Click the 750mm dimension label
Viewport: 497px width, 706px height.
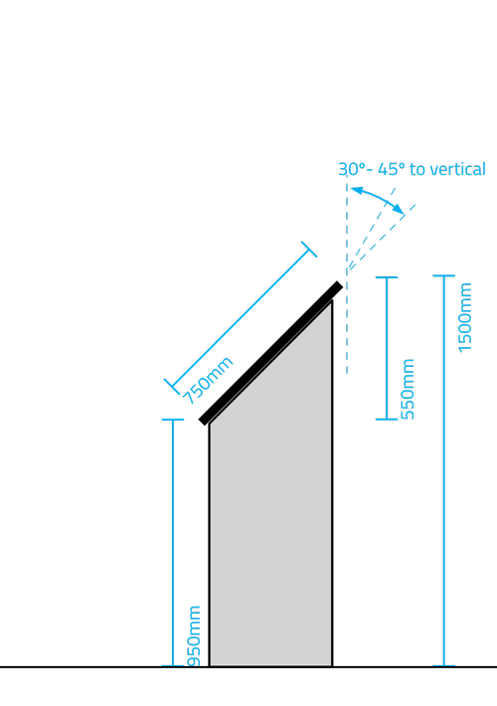(208, 381)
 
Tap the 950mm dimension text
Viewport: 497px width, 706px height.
(194, 635)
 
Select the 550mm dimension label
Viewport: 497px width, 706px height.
(408, 389)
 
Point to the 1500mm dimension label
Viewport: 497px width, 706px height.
(464, 317)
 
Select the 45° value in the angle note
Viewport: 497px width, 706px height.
(392, 169)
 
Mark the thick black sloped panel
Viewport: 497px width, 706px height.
(271, 353)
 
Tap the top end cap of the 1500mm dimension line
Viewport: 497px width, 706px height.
(444, 275)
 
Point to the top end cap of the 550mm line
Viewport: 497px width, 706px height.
(387, 277)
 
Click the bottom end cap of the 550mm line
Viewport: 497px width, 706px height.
(387, 420)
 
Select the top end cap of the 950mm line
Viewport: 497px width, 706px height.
(173, 420)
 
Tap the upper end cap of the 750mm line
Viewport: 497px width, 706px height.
(309, 250)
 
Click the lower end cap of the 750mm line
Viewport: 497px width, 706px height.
(172, 387)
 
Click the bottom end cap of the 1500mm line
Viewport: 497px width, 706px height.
(444, 665)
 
